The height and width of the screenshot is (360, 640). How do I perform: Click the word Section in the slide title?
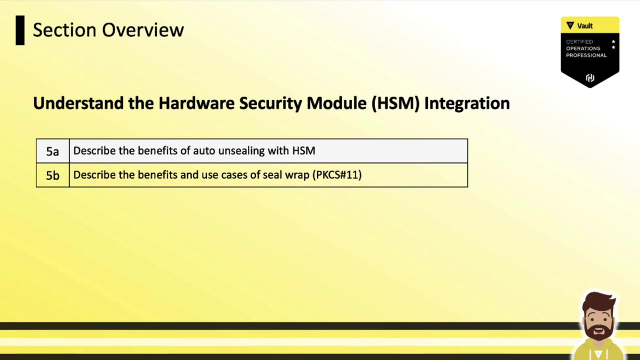pyautogui.click(x=64, y=29)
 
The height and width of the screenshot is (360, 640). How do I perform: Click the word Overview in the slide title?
pyautogui.click(x=143, y=29)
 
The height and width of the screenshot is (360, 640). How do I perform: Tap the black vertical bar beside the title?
pyautogui.click(x=20, y=30)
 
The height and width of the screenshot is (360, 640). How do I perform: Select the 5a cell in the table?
pyautogui.click(x=52, y=151)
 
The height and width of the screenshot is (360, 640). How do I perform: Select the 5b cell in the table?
pyautogui.click(x=52, y=175)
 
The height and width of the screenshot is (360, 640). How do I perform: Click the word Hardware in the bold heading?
pyautogui.click(x=196, y=103)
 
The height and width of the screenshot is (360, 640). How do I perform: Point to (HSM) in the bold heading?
pyautogui.click(x=395, y=103)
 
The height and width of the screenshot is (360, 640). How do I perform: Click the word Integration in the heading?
pyautogui.click(x=467, y=103)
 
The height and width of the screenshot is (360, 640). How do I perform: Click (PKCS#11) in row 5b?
pyautogui.click(x=337, y=175)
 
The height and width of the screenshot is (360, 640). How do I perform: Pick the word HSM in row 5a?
pyautogui.click(x=303, y=150)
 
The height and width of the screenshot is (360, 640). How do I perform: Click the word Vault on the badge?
pyautogui.click(x=584, y=26)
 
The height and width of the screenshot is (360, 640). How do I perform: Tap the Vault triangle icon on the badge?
pyautogui.click(x=570, y=25)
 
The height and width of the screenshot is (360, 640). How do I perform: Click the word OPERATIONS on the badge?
pyautogui.click(x=583, y=48)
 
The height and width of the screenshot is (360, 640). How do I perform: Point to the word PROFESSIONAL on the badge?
pyautogui.click(x=586, y=55)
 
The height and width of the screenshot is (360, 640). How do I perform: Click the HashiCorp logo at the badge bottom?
pyautogui.click(x=590, y=77)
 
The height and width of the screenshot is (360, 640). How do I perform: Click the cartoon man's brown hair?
pyautogui.click(x=598, y=301)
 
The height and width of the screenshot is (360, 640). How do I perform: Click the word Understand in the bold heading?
pyautogui.click(x=78, y=103)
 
